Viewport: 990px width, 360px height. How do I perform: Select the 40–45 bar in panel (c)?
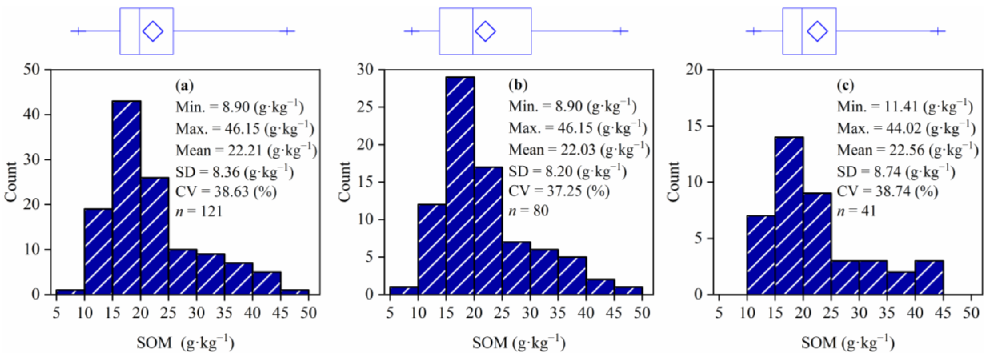[x=929, y=277]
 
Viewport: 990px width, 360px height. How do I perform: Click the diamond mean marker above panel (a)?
[x=153, y=31]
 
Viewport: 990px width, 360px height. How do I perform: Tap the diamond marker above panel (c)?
[x=817, y=31]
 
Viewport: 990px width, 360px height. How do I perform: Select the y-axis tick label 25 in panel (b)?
[x=365, y=107]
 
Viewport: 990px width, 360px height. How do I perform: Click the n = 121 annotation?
[x=199, y=211]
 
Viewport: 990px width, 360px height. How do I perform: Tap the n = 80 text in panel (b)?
[x=528, y=211]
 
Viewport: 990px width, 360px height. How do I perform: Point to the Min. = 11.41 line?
[x=905, y=106]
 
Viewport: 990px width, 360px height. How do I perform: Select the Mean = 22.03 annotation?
[x=579, y=149]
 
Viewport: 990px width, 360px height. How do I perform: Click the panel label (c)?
[x=846, y=85]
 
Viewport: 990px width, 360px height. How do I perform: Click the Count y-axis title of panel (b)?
[x=344, y=181]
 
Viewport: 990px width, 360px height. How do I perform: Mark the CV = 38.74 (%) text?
[x=887, y=191]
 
